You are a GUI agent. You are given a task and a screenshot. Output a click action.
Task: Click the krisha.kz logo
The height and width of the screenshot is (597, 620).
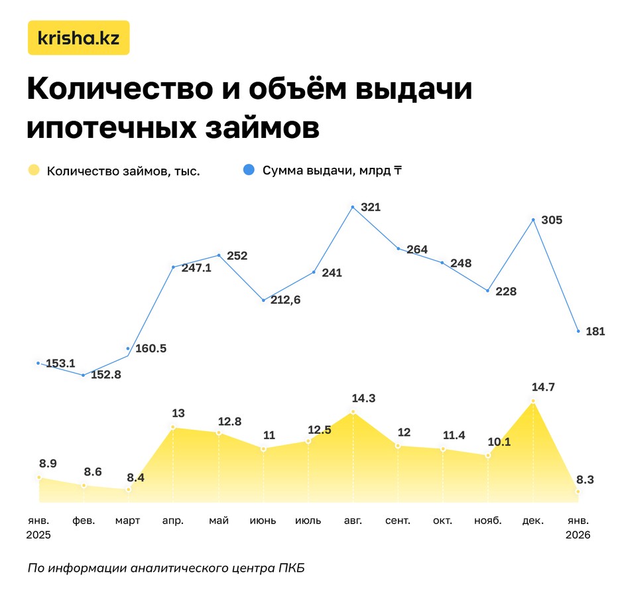(x=78, y=38)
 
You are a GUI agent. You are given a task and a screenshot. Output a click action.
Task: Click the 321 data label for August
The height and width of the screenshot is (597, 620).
(x=370, y=207)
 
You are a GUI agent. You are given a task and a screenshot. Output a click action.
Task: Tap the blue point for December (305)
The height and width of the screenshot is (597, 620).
(x=532, y=220)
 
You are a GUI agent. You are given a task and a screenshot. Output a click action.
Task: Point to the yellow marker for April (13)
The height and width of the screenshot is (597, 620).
(x=173, y=428)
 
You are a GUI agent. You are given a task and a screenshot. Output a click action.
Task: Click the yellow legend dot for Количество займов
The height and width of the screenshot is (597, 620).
(x=34, y=170)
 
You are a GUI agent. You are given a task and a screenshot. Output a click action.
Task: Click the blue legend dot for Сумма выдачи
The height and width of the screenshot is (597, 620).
(x=248, y=170)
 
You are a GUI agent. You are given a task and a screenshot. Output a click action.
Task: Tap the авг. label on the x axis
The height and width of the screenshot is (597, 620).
(x=353, y=521)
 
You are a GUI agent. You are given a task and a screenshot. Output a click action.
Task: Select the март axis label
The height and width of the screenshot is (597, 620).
(x=127, y=521)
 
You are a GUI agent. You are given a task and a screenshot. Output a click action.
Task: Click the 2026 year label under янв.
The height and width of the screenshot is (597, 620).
(x=578, y=535)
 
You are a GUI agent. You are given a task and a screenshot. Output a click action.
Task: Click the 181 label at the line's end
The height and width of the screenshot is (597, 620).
(x=595, y=331)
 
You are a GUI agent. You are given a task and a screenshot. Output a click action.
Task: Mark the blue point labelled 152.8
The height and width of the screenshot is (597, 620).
(x=83, y=375)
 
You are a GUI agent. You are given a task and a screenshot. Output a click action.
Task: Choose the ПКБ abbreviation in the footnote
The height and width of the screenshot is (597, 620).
(x=292, y=568)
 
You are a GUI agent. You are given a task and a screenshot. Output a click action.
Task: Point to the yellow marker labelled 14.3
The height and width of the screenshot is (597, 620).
(x=353, y=412)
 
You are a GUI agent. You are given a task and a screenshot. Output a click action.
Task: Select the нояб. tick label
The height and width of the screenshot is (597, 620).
(x=487, y=521)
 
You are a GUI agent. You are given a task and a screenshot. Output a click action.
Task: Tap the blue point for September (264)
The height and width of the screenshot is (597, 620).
(x=399, y=249)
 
